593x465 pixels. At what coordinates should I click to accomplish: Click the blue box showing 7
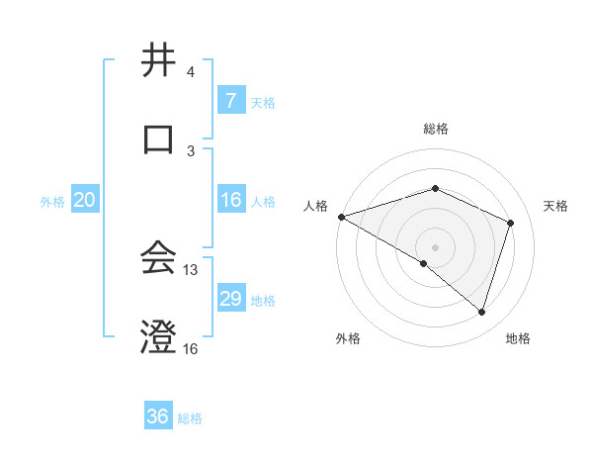pyautogui.click(x=230, y=101)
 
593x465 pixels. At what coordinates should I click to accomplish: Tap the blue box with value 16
pyautogui.click(x=230, y=200)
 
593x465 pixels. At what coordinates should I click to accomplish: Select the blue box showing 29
pyautogui.click(x=230, y=299)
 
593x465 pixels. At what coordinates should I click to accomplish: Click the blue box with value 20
pyautogui.click(x=84, y=200)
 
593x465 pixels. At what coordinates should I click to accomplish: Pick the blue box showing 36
pyautogui.click(x=157, y=417)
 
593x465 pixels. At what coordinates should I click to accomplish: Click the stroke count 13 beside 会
pyautogui.click(x=191, y=269)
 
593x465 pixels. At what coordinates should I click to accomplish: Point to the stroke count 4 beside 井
pyautogui.click(x=191, y=72)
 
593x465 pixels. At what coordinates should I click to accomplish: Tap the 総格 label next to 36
pyautogui.click(x=190, y=418)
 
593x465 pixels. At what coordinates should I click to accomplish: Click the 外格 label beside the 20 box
pyautogui.click(x=52, y=201)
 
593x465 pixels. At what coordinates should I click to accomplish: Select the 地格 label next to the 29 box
pyautogui.click(x=264, y=300)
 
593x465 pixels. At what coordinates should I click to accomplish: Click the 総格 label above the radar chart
pyautogui.click(x=435, y=129)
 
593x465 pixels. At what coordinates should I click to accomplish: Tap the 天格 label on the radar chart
pyautogui.click(x=556, y=206)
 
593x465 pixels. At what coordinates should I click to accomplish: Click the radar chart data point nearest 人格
pyautogui.click(x=341, y=216)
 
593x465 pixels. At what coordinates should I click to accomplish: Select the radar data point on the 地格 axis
pyautogui.click(x=481, y=312)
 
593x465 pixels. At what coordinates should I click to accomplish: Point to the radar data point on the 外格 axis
pyautogui.click(x=424, y=263)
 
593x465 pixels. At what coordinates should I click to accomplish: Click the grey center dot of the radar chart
pyautogui.click(x=435, y=246)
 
